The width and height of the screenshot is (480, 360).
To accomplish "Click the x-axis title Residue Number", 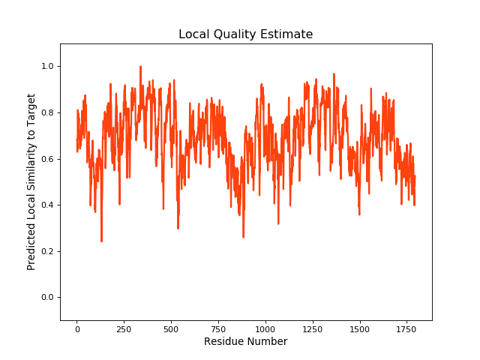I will pyautogui.click(x=245, y=342).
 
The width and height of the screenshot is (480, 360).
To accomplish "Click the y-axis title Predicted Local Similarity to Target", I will pyautogui.click(x=31, y=181).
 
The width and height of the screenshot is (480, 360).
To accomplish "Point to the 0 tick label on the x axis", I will pyautogui.click(x=76, y=328).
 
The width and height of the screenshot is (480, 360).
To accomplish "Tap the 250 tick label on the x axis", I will pyautogui.click(x=124, y=328).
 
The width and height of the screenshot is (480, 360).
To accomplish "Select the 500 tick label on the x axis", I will pyautogui.click(x=171, y=328).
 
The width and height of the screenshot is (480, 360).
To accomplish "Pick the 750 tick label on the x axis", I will pyautogui.click(x=218, y=328).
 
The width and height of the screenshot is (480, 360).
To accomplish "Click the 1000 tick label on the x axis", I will pyautogui.click(x=265, y=328).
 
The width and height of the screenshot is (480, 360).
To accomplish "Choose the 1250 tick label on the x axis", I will pyautogui.click(x=313, y=328).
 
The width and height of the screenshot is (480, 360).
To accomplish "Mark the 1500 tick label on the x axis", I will pyautogui.click(x=360, y=328).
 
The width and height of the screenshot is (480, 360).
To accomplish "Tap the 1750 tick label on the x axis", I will pyautogui.click(x=407, y=328).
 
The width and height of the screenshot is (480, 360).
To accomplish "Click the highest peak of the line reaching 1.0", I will pyautogui.click(x=140, y=67).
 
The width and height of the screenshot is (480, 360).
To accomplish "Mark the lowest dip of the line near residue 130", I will pyautogui.click(x=101, y=241).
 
